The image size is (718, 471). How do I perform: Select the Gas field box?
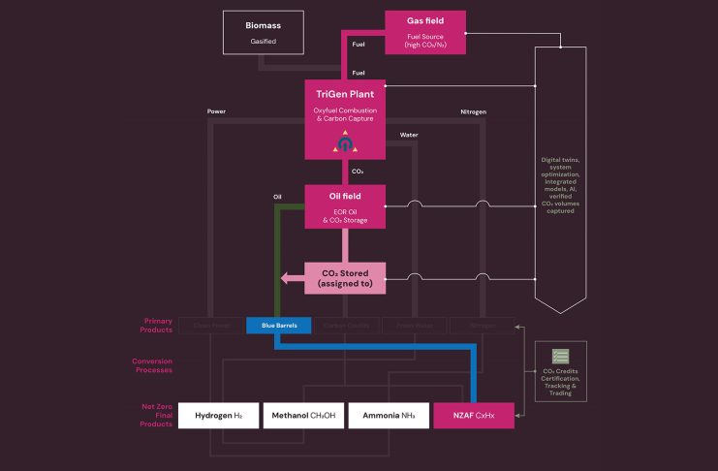pyautogui.click(x=425, y=32)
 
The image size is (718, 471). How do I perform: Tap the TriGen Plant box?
pyautogui.click(x=345, y=118)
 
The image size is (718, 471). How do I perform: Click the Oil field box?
pyautogui.click(x=345, y=207)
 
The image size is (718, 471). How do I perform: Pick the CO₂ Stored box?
pyautogui.click(x=345, y=277)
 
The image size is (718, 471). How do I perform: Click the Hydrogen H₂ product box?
pyautogui.click(x=219, y=415)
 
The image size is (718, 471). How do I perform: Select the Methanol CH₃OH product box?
pyautogui.click(x=302, y=415)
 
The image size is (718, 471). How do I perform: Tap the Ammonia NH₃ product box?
pyautogui.click(x=388, y=415)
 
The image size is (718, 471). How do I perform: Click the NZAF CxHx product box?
pyautogui.click(x=473, y=415)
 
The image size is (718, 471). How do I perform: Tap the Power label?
pyautogui.click(x=216, y=111)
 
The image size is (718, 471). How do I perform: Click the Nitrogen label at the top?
pyautogui.click(x=473, y=111)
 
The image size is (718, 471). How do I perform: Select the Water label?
pyautogui.click(x=409, y=135)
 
